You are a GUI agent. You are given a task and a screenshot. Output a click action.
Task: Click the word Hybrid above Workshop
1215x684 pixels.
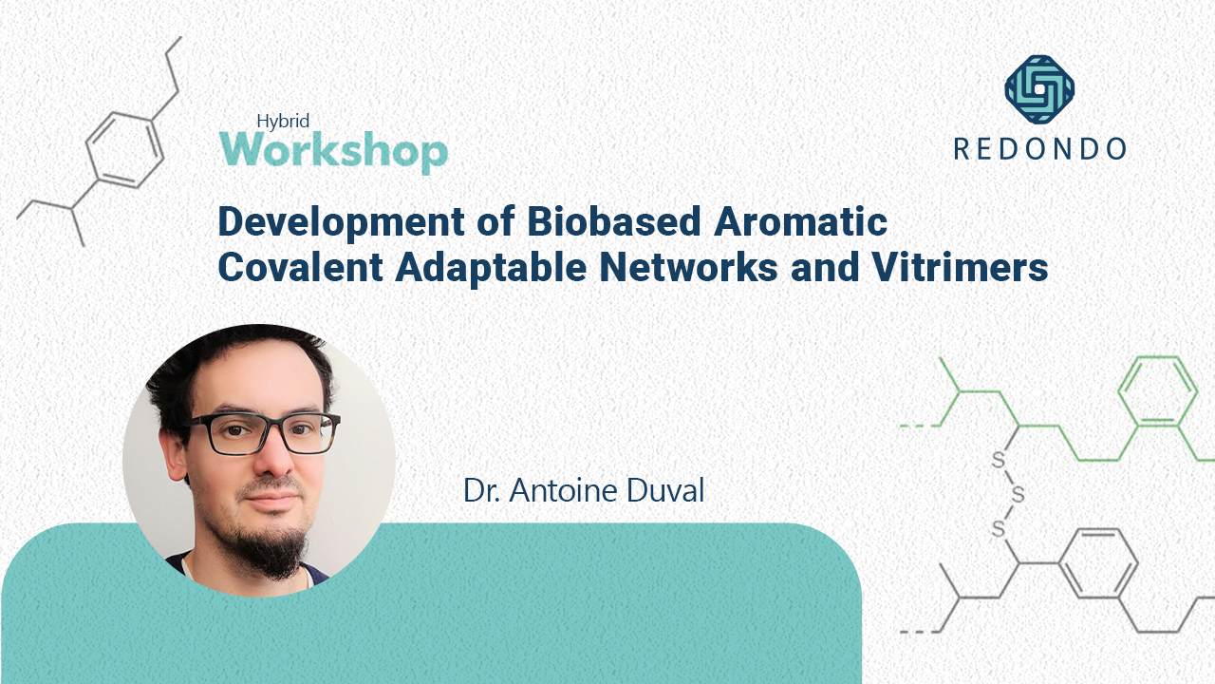[x=284, y=121]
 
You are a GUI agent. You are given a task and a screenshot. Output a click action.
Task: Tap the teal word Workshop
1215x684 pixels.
[x=333, y=151]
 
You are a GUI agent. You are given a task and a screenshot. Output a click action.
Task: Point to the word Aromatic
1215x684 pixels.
[x=792, y=222]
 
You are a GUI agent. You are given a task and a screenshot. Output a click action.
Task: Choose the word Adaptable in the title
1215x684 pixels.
[x=481, y=269]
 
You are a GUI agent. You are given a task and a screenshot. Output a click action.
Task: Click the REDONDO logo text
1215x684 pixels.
[x=1039, y=148]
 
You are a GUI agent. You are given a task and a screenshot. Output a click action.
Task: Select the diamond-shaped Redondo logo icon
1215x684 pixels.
[x=1039, y=89]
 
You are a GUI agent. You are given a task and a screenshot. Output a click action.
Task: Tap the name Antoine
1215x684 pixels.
[x=564, y=490]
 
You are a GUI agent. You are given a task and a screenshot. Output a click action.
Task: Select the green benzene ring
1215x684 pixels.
[x=1156, y=393]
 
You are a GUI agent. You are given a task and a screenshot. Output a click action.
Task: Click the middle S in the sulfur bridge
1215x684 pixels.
[x=1018, y=495]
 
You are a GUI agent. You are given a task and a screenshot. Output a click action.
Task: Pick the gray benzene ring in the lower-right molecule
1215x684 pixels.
[x=1097, y=564]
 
